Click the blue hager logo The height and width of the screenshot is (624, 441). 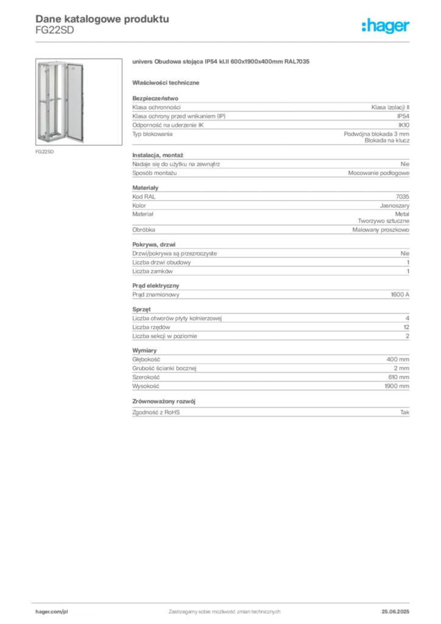tap(386, 26)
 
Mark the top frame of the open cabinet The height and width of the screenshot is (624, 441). tap(51, 62)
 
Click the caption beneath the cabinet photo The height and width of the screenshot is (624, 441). tap(46, 150)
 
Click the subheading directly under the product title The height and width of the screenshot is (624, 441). tap(168, 82)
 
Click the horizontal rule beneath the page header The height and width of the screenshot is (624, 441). tap(224, 41)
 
